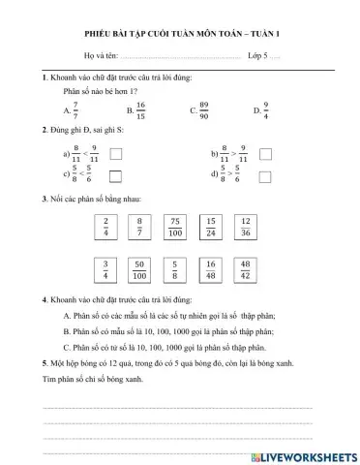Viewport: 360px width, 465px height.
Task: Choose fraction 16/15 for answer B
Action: (x=141, y=109)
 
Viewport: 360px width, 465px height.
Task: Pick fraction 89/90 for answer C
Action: (x=203, y=109)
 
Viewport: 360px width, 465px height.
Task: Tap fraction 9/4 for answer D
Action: (x=266, y=109)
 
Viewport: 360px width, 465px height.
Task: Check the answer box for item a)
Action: (x=116, y=153)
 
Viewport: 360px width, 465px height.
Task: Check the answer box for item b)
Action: (x=266, y=153)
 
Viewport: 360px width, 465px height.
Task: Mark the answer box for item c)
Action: (x=116, y=175)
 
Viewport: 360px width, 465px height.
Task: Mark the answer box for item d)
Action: (x=266, y=175)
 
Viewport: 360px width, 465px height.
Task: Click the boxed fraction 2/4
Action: (x=106, y=228)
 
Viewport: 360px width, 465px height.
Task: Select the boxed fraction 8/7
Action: (x=139, y=228)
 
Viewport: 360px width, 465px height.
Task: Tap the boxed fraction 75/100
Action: (x=174, y=228)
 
